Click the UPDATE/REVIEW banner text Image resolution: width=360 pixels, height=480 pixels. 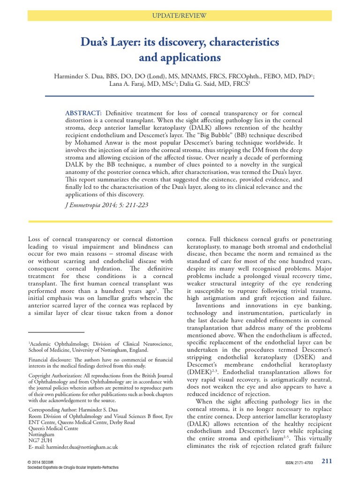coord(180,16)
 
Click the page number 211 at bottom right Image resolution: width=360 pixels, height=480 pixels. coord(326,461)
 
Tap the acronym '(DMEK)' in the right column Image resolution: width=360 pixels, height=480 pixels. coord(199,371)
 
